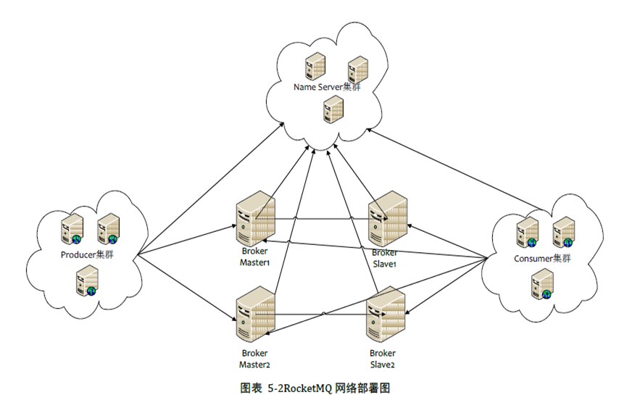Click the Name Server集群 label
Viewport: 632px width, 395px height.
[327, 87]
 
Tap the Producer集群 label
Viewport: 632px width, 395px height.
[87, 254]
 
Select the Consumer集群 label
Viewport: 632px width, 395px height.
[542, 258]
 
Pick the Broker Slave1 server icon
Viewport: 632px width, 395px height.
[387, 218]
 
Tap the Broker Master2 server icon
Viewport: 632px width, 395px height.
[256, 314]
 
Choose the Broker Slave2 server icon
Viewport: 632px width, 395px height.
[386, 314]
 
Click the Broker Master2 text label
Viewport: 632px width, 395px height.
[254, 359]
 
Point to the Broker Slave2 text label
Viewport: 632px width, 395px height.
[383, 359]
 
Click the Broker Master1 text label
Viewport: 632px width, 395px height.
[254, 257]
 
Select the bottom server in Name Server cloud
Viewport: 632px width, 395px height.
[333, 109]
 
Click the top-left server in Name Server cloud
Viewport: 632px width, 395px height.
[315, 66]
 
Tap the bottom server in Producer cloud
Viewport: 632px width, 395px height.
[88, 280]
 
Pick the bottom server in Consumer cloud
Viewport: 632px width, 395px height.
[543, 284]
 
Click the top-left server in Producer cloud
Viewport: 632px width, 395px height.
[72, 229]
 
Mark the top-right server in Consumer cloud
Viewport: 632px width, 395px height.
[564, 232]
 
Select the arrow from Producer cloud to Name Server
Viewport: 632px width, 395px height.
[210, 189]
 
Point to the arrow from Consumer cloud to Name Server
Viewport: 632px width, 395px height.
[457, 170]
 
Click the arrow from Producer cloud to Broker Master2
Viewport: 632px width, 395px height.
[187, 288]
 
